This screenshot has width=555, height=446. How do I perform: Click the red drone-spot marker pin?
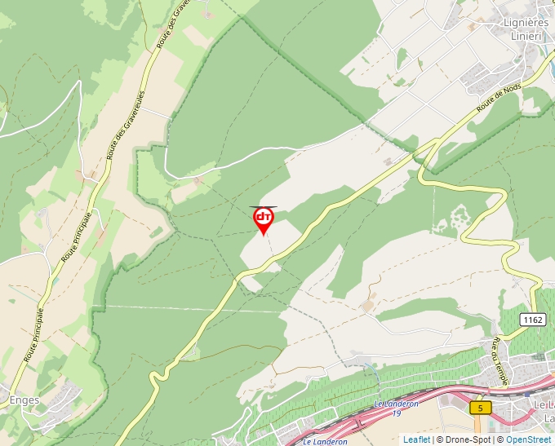coord(264,219)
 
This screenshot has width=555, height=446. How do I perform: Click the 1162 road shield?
coord(533,320)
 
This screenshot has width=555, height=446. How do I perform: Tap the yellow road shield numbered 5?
coord(481,407)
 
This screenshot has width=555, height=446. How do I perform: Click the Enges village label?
coord(24,400)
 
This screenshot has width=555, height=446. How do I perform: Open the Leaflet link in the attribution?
coord(416,439)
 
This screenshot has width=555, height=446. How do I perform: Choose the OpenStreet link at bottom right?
coord(529,439)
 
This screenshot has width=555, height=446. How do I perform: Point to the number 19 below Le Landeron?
coord(397,413)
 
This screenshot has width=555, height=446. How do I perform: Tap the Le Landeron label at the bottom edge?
coord(325,442)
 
